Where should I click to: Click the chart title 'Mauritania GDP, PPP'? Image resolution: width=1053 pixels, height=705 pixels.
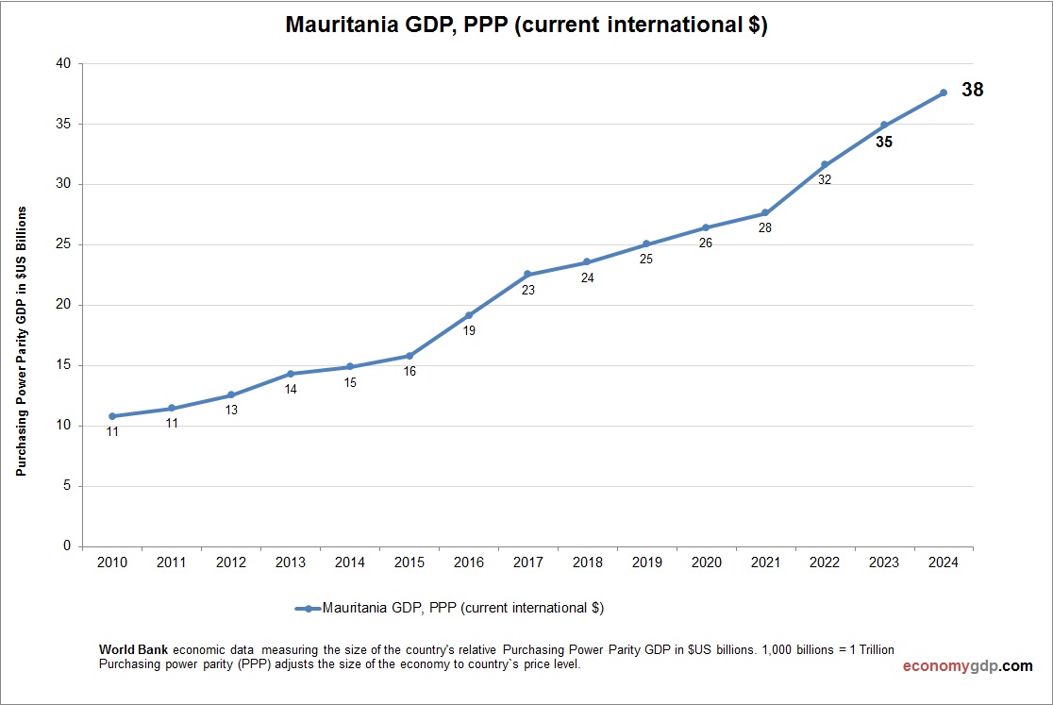526,25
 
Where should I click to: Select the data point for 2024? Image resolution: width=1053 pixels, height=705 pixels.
944,92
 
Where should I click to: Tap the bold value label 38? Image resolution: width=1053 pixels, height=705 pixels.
972,91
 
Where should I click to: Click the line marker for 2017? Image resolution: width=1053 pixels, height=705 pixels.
527,274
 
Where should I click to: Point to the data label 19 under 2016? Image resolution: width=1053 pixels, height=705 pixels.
469,331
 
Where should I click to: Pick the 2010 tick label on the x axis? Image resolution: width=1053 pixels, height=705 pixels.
112,562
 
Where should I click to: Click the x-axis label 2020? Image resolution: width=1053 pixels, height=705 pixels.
706,562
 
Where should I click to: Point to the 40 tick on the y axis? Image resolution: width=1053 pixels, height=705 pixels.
63,64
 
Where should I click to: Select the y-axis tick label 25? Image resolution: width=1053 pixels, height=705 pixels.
63,245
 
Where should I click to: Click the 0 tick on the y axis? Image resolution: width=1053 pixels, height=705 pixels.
67,546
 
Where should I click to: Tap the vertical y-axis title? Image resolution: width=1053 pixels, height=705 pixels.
21,341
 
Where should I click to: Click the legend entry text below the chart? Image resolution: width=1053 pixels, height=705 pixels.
462,609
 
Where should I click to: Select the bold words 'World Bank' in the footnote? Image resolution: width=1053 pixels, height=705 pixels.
134,650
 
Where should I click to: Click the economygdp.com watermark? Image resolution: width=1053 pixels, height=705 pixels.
967,666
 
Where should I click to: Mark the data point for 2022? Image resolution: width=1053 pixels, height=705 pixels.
825,164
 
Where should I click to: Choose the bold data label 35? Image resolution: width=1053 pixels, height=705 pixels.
883,143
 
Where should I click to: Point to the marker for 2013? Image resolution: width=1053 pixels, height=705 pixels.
291,374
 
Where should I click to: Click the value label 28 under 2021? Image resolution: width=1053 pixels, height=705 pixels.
765,227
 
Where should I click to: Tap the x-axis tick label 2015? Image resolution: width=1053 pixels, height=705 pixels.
409,562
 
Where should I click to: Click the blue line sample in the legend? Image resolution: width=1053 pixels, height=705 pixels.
308,609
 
